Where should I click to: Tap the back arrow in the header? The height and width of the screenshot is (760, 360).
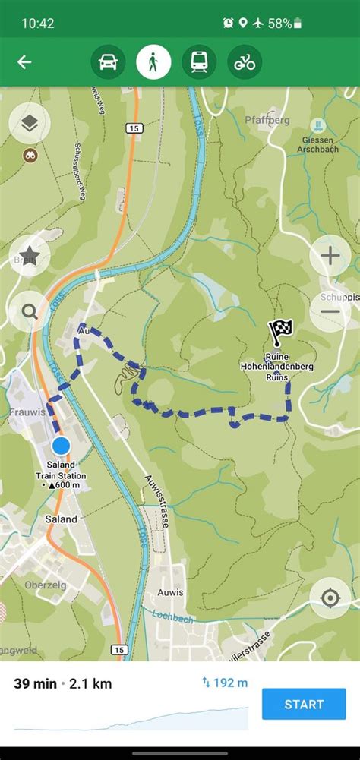[x=24, y=62]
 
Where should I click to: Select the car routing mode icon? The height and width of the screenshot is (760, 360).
[x=108, y=62]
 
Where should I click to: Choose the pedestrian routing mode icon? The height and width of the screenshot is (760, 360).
[x=153, y=62]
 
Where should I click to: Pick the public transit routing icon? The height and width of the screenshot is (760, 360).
[x=199, y=62]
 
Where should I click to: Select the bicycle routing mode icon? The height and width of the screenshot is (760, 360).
[x=245, y=62]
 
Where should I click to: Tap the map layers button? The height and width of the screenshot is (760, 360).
[x=30, y=123]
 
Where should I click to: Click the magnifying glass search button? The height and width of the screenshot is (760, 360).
[x=30, y=311]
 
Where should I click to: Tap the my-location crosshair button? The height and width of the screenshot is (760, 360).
[x=330, y=598]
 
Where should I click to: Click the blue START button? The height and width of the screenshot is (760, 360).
[x=304, y=704]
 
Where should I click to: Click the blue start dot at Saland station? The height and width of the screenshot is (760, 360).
[x=61, y=445]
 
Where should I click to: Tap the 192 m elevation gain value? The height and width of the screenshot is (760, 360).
[x=225, y=683]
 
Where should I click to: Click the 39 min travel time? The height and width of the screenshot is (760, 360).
[x=35, y=684]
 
